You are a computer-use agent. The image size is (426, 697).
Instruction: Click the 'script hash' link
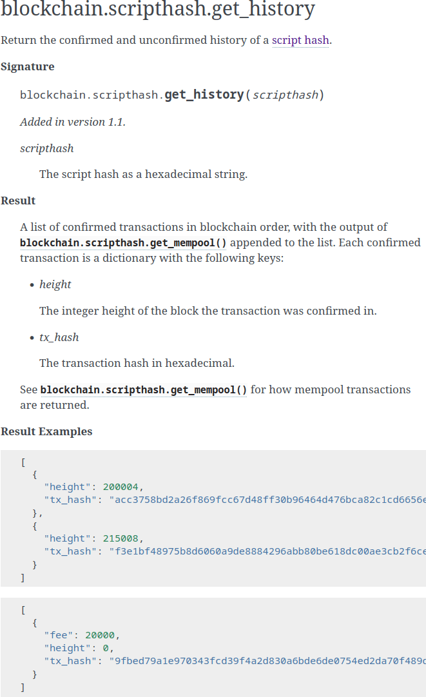point(300,40)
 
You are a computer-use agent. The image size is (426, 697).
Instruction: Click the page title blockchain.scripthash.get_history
point(158,10)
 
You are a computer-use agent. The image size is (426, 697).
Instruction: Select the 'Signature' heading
point(28,66)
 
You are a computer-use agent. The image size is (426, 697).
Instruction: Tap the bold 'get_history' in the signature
point(204,95)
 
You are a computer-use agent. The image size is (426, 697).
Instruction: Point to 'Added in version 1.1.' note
point(73,122)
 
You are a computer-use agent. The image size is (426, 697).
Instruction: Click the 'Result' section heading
point(18,201)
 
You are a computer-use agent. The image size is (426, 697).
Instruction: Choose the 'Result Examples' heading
point(46,431)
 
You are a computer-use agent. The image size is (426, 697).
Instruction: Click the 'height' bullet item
point(55,284)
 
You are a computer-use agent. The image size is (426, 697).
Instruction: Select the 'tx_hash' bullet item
point(59,337)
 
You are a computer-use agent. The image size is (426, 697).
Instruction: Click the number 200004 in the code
point(121,487)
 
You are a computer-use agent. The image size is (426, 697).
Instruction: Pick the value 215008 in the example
point(121,538)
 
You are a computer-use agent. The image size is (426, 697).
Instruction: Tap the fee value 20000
point(100,635)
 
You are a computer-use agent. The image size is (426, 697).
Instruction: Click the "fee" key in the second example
point(59,635)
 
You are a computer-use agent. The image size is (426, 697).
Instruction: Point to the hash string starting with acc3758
point(267,500)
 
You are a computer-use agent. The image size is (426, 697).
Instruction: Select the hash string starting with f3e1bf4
point(267,551)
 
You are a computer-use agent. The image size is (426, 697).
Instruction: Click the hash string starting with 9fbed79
point(267,661)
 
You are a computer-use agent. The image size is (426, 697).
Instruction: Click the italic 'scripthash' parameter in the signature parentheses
point(285,95)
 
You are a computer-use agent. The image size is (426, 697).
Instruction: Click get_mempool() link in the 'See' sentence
point(144,389)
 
